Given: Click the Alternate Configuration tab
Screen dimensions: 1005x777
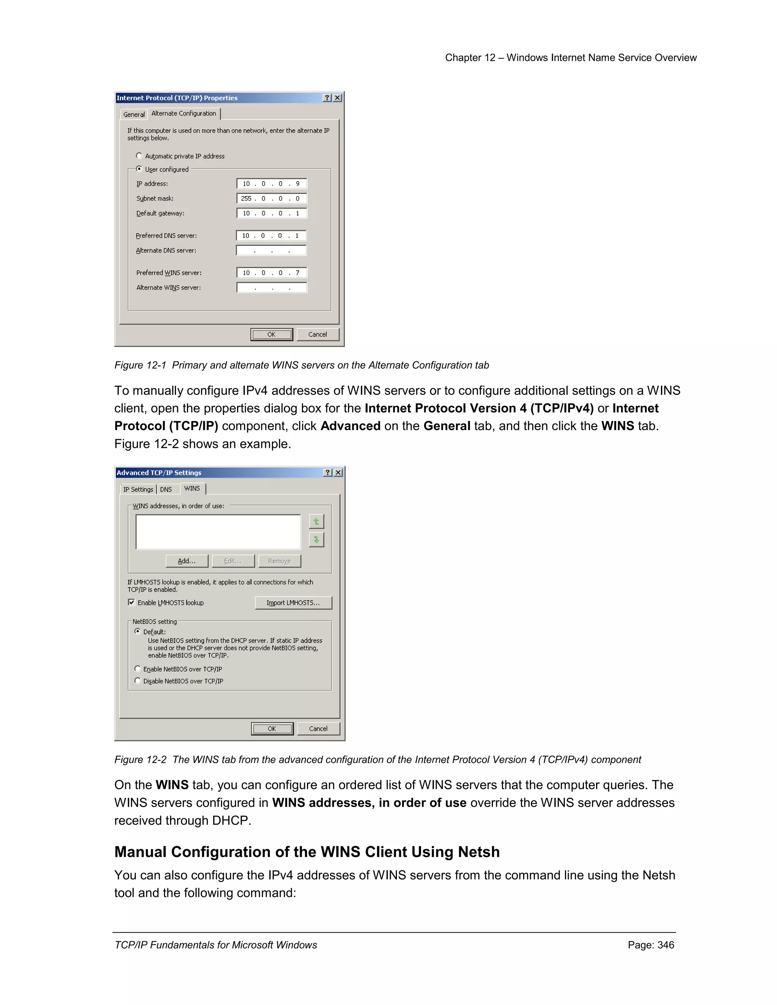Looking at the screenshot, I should [x=183, y=114].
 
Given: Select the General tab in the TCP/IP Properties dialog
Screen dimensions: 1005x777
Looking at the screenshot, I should [x=134, y=115].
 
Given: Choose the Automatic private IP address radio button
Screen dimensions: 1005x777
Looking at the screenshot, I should [x=139, y=156].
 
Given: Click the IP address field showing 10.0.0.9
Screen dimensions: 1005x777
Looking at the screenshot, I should [x=271, y=184].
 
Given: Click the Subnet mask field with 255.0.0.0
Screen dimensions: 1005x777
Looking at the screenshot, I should [x=271, y=198].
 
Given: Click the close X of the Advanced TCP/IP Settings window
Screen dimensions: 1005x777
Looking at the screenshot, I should [x=338, y=473].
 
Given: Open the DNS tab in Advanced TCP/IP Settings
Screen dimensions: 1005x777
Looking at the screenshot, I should [x=166, y=490].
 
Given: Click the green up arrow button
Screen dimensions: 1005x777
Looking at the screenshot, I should [x=316, y=521].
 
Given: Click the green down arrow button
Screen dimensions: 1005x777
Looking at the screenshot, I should [x=316, y=539].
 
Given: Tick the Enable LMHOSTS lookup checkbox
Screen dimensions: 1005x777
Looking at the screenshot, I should [x=132, y=602].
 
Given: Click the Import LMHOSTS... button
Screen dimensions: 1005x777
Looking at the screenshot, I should [x=293, y=603].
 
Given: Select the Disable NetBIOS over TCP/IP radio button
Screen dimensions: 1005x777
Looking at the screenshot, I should [x=138, y=681].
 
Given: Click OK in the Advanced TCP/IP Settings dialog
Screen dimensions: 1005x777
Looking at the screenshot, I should [x=272, y=729].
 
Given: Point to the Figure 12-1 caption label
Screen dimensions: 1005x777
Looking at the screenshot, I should [x=140, y=365].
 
